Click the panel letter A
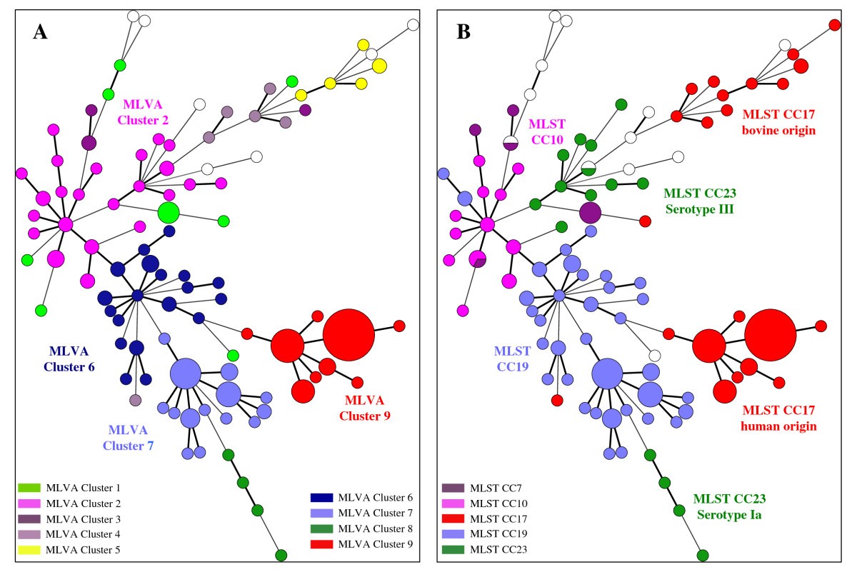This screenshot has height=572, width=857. click(x=40, y=33)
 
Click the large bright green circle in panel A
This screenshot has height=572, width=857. click(x=168, y=212)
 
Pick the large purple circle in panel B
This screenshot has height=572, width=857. click(x=590, y=212)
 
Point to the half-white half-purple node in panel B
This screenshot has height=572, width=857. click(x=510, y=143)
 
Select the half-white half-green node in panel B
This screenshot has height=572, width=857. click(x=588, y=169)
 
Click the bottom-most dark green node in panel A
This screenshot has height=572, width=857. click(x=281, y=556)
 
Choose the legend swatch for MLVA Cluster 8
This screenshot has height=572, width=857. click(x=321, y=529)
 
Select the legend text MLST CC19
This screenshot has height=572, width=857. click(x=498, y=534)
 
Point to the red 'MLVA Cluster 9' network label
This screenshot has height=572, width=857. click(x=364, y=407)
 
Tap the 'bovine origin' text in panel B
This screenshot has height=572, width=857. click(x=778, y=131)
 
